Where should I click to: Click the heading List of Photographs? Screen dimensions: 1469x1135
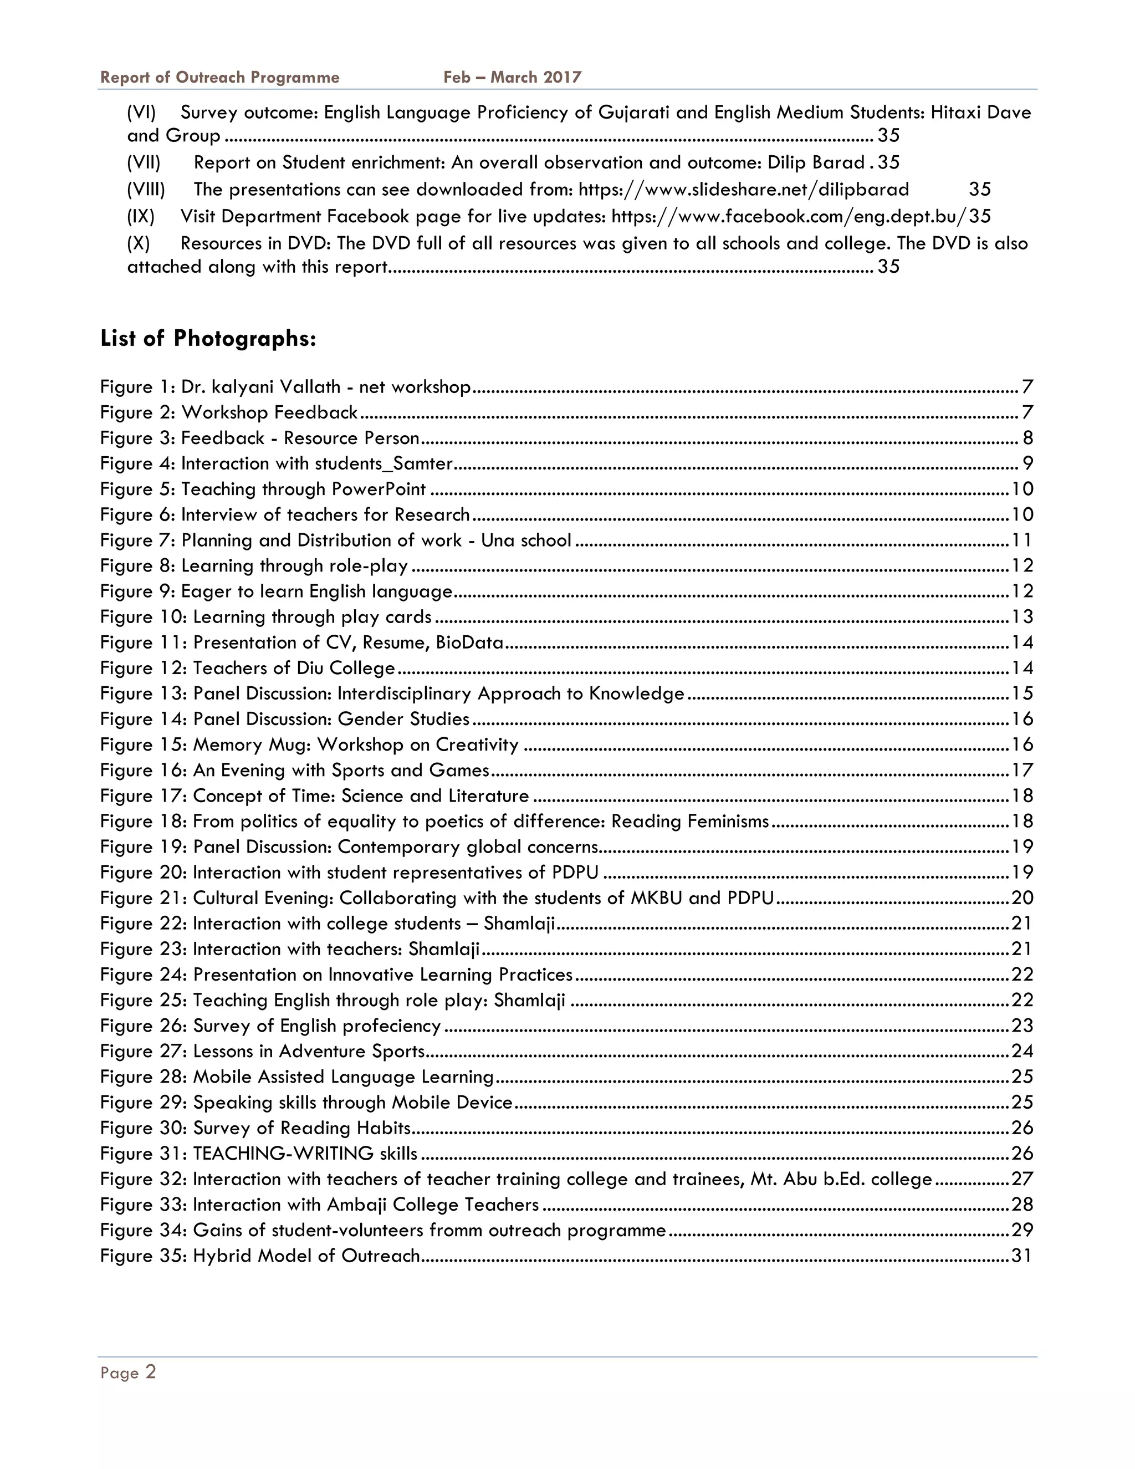[208, 338]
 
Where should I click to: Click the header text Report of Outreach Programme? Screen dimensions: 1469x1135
[220, 78]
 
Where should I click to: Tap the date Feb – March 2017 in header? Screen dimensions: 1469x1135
[513, 78]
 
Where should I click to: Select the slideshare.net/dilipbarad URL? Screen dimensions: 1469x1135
[744, 190]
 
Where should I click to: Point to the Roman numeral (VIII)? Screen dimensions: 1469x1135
[146, 190]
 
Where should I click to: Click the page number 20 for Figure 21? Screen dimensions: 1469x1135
[1021, 898]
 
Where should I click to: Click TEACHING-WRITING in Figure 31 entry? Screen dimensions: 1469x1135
[283, 1154]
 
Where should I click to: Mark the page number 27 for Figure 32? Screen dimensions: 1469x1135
[1021, 1179]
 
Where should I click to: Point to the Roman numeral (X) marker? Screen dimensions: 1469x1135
[139, 243]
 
